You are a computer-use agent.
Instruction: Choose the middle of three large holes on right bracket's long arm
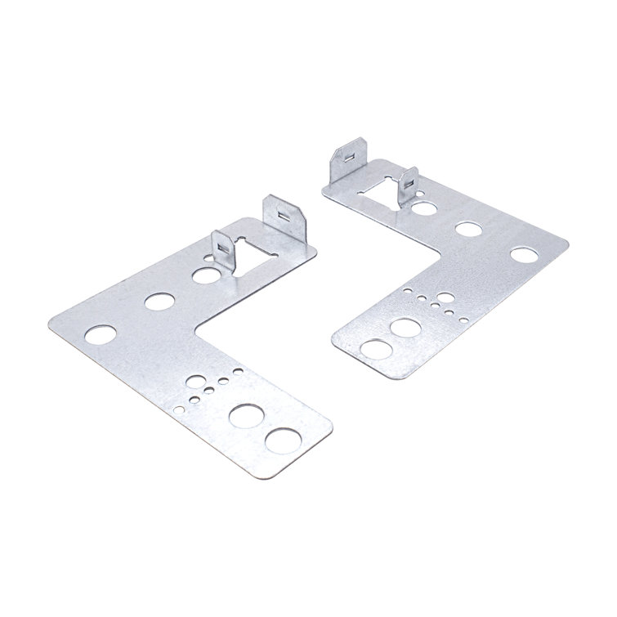[467, 230]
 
